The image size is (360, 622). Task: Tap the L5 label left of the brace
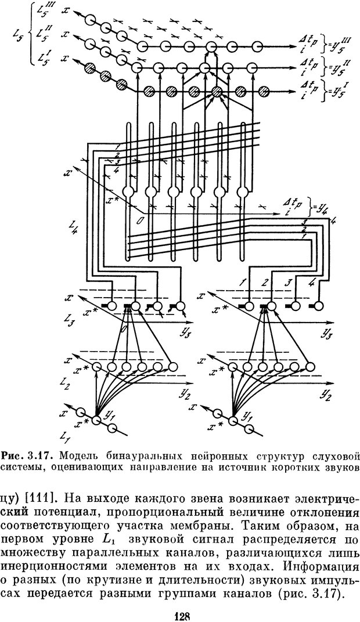click(x=17, y=38)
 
